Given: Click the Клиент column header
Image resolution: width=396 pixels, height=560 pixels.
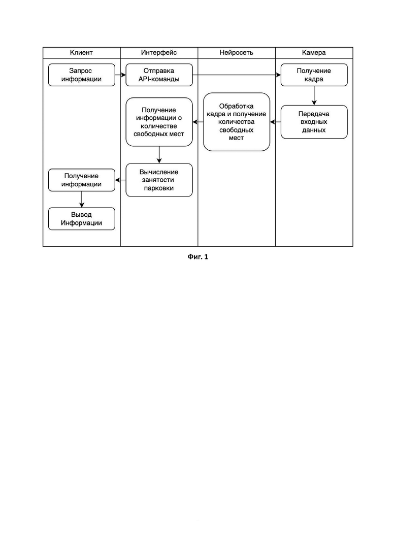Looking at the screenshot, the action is pos(81,52).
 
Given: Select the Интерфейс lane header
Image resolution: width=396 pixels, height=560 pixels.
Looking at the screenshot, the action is pos(159,52).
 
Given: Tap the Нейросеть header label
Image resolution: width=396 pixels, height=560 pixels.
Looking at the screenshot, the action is pos(237,52).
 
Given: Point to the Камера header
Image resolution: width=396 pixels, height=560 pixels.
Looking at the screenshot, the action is pos(314,52).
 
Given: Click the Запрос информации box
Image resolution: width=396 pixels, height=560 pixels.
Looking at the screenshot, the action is pos(81,75).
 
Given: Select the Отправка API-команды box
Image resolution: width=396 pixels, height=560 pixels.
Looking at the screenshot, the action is pos(159,75).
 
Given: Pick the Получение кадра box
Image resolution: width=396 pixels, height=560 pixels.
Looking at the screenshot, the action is pos(314,75).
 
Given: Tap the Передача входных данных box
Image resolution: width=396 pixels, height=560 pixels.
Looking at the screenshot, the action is pos(314,122).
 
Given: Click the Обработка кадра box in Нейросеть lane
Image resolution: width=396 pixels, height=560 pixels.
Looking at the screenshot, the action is pos(237,122).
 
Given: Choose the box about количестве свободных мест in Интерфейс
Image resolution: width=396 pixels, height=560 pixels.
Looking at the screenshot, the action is pos(159,122).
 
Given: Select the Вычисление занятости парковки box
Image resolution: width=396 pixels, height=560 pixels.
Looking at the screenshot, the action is pos(159,180).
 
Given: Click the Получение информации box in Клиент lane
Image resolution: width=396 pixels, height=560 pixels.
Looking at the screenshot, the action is pos(81,180).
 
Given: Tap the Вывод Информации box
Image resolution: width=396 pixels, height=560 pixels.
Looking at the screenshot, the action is pos(81,219).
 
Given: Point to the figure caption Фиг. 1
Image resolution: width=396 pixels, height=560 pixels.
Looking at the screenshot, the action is pos(198,256).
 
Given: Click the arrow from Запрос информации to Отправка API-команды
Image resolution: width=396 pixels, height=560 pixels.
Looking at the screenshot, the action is pos(120,75).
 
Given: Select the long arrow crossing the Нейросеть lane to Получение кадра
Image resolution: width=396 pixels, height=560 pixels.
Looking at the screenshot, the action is pos(237,75).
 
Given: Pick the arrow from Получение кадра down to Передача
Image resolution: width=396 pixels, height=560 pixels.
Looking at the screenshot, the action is pos(314,96).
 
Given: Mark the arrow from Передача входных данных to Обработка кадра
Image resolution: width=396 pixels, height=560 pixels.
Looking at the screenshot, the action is pos(275,122).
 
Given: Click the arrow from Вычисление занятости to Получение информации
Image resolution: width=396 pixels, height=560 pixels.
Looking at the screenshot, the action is pos(120,180).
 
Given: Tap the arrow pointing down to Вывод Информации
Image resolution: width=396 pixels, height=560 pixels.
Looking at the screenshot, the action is pos(81,200).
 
